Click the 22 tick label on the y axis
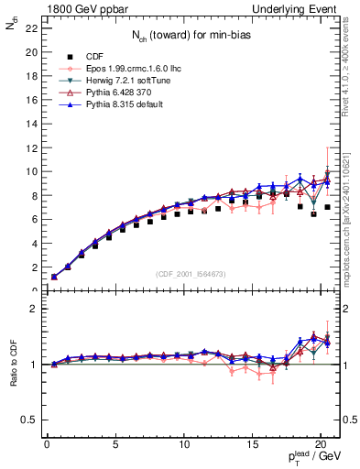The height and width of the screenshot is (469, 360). point(32,28)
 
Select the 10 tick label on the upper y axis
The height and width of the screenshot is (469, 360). point(32,171)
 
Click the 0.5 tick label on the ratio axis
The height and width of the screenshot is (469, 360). point(29,420)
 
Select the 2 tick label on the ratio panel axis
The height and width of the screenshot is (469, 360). point(34,309)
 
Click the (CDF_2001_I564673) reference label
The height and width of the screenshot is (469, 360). point(188,273)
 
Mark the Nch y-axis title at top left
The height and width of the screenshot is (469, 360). point(12,28)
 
